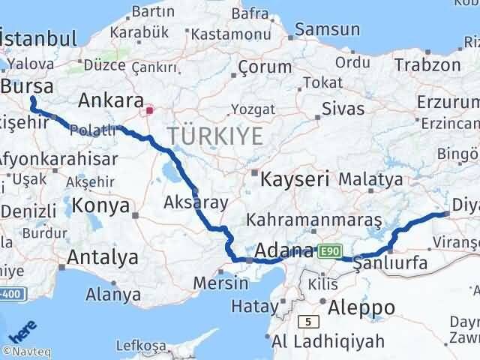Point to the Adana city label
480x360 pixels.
click(x=284, y=250)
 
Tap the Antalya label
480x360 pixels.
click(x=103, y=257)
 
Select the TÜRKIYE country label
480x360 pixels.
click(x=215, y=136)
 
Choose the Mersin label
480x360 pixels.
click(x=220, y=283)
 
